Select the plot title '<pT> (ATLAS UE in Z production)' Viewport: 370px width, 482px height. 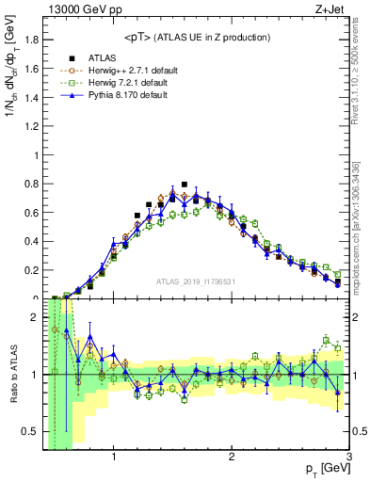(x=196, y=37)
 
